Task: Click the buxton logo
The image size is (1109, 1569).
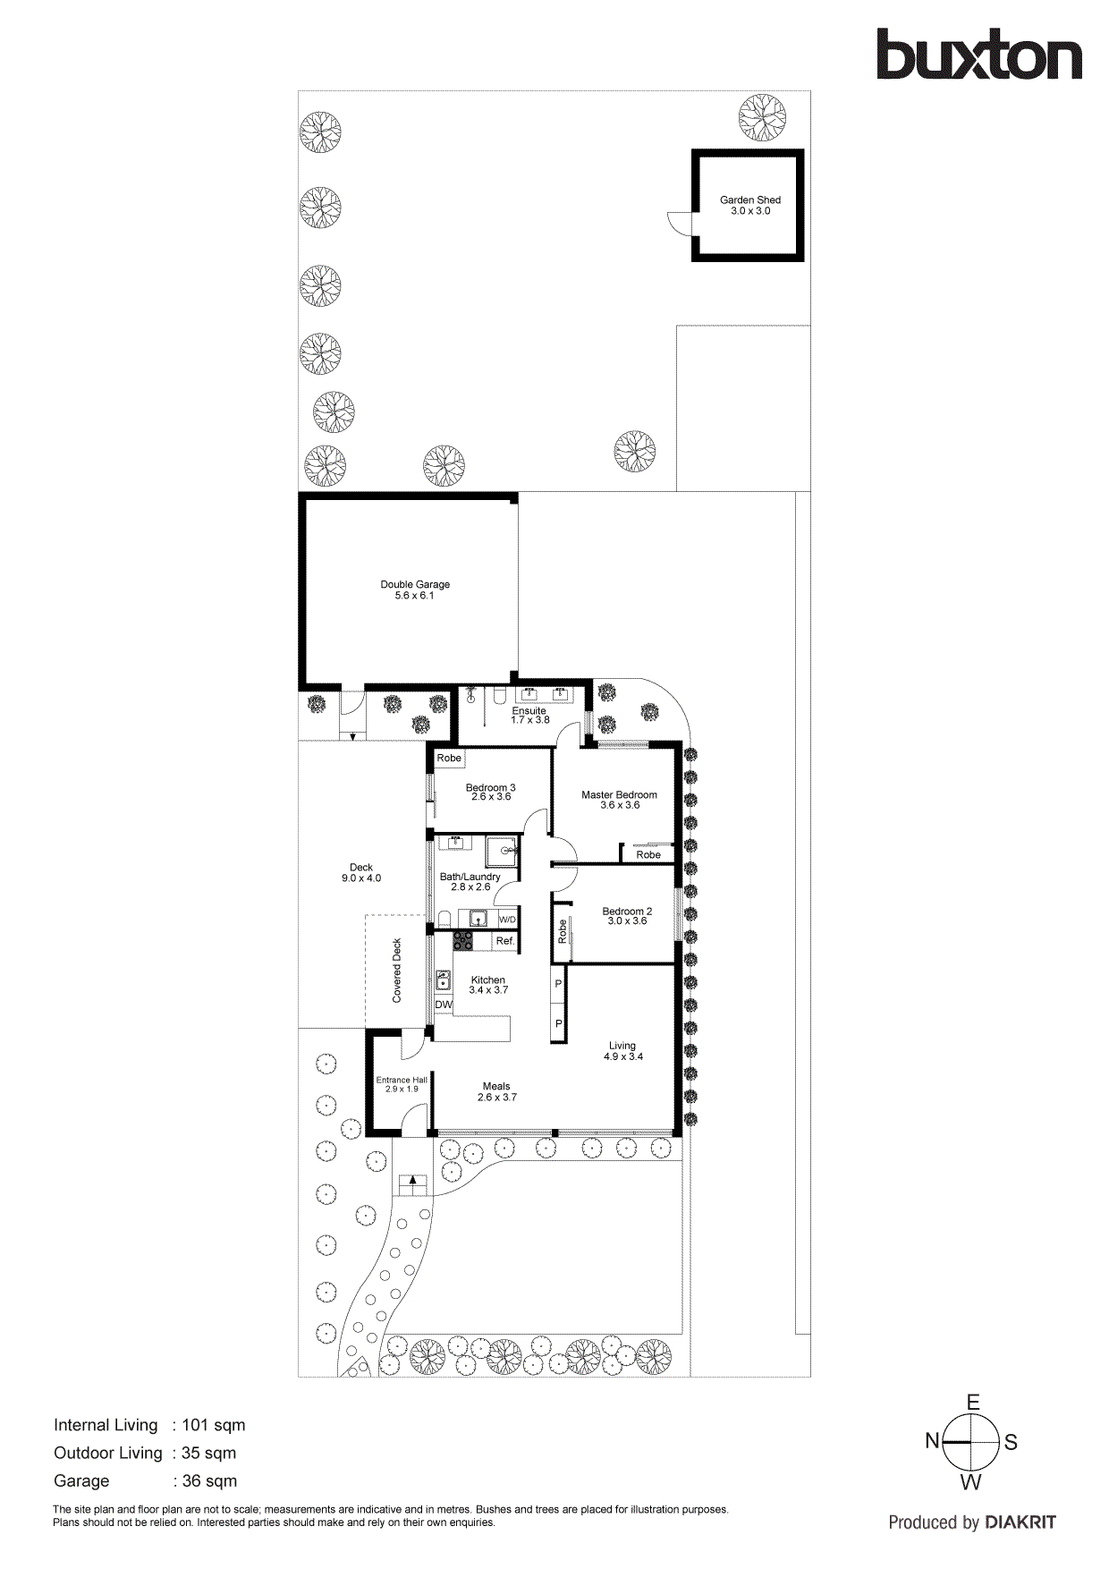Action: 978,55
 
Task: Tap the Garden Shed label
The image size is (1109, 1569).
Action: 749,200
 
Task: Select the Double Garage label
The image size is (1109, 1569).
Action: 415,584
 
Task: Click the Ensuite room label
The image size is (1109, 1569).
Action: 529,711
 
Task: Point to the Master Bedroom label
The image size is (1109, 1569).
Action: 619,794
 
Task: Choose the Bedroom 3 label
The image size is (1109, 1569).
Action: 490,788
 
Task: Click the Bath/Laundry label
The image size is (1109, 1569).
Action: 470,877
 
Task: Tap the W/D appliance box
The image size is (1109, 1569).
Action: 507,920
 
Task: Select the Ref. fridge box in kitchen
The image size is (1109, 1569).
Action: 505,941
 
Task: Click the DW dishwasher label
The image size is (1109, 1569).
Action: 444,1005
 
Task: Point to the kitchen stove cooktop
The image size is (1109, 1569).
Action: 463,940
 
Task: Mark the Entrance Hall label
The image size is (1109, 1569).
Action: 402,1080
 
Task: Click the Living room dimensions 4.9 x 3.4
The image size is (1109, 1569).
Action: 623,1056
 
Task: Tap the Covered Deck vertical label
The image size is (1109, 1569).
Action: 397,971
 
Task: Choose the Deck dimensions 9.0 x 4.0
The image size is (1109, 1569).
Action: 361,878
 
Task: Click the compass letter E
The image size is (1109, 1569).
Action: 972,1403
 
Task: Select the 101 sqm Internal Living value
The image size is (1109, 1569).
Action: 213,1425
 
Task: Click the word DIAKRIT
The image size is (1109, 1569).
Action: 1020,1522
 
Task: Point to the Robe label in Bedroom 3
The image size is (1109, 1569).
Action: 449,758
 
